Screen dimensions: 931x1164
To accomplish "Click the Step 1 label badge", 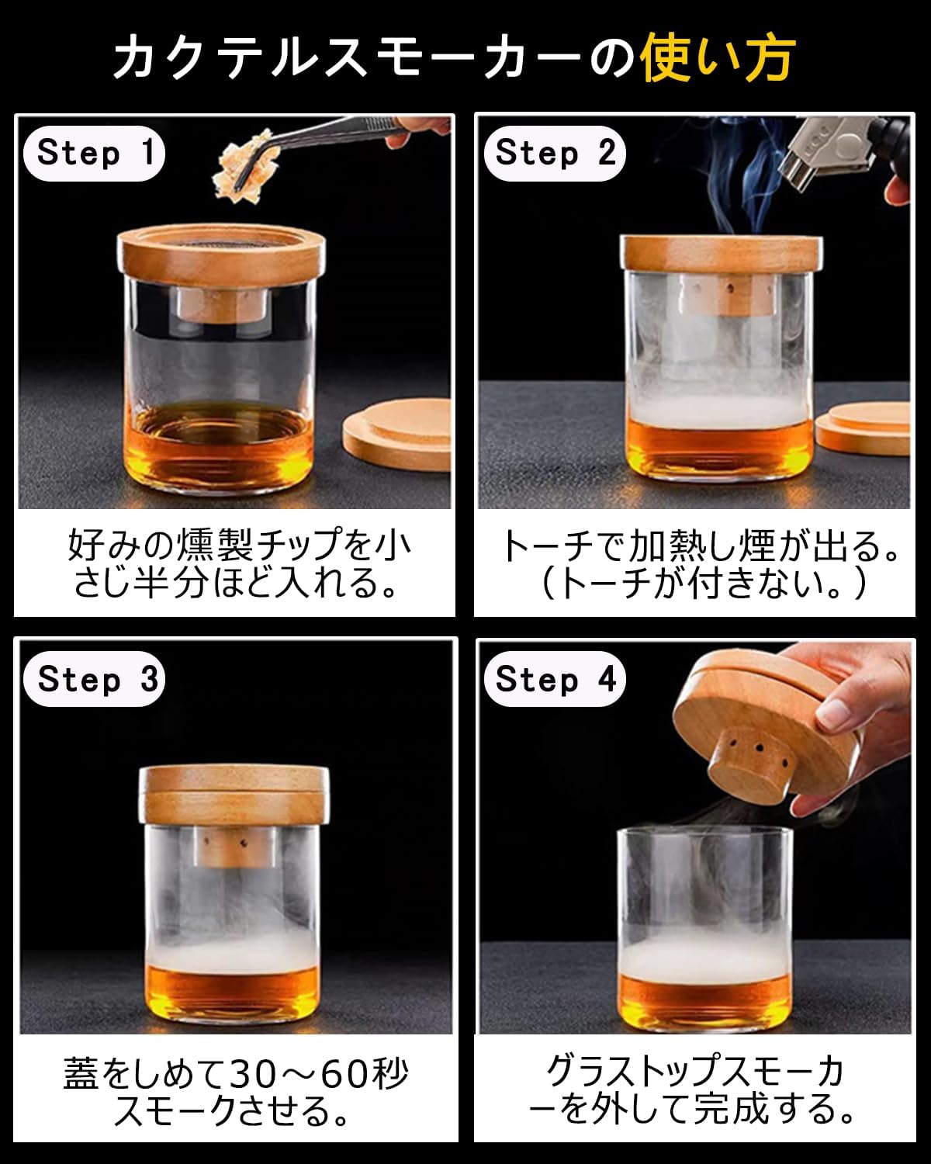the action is (94, 153).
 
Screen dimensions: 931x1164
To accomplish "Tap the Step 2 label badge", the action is (555, 153).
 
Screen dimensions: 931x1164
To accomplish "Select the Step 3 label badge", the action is (94, 679).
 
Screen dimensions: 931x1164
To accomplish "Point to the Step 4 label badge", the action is (555, 679).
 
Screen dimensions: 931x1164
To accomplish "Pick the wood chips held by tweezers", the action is (246, 165).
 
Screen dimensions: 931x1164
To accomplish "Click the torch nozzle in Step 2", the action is (800, 162).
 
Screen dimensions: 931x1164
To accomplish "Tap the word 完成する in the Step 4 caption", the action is (771, 1109).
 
